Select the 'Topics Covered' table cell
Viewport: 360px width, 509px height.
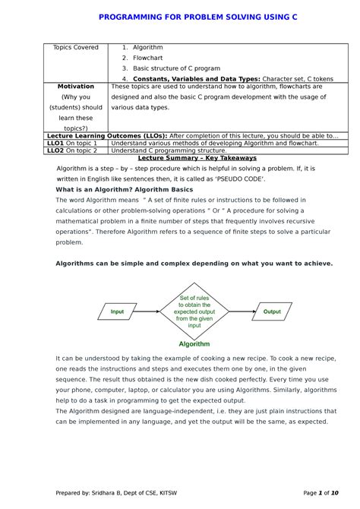(75, 48)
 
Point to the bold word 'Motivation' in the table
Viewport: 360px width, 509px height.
(75, 87)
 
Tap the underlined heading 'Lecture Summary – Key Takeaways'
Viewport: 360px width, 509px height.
(198, 158)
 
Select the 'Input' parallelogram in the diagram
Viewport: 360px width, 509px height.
(117, 311)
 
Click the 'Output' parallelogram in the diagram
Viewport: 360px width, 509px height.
(271, 311)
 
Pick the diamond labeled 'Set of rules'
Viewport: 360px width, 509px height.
(194, 311)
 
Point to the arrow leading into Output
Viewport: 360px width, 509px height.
(242, 311)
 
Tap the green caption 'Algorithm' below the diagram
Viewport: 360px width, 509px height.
(194, 343)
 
